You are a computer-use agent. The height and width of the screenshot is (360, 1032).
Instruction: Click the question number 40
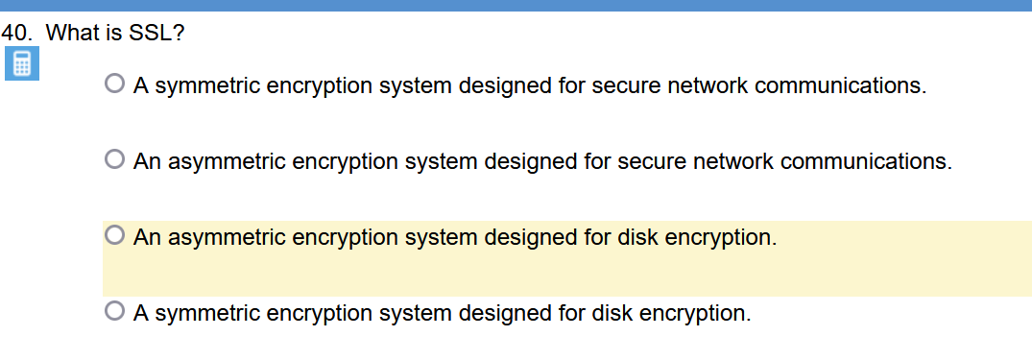[x=16, y=33]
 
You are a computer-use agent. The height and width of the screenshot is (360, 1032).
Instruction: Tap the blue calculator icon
[x=21, y=64]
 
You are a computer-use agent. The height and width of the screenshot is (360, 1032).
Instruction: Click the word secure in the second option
[x=649, y=160]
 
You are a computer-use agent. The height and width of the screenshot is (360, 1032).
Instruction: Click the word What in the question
[x=67, y=33]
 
